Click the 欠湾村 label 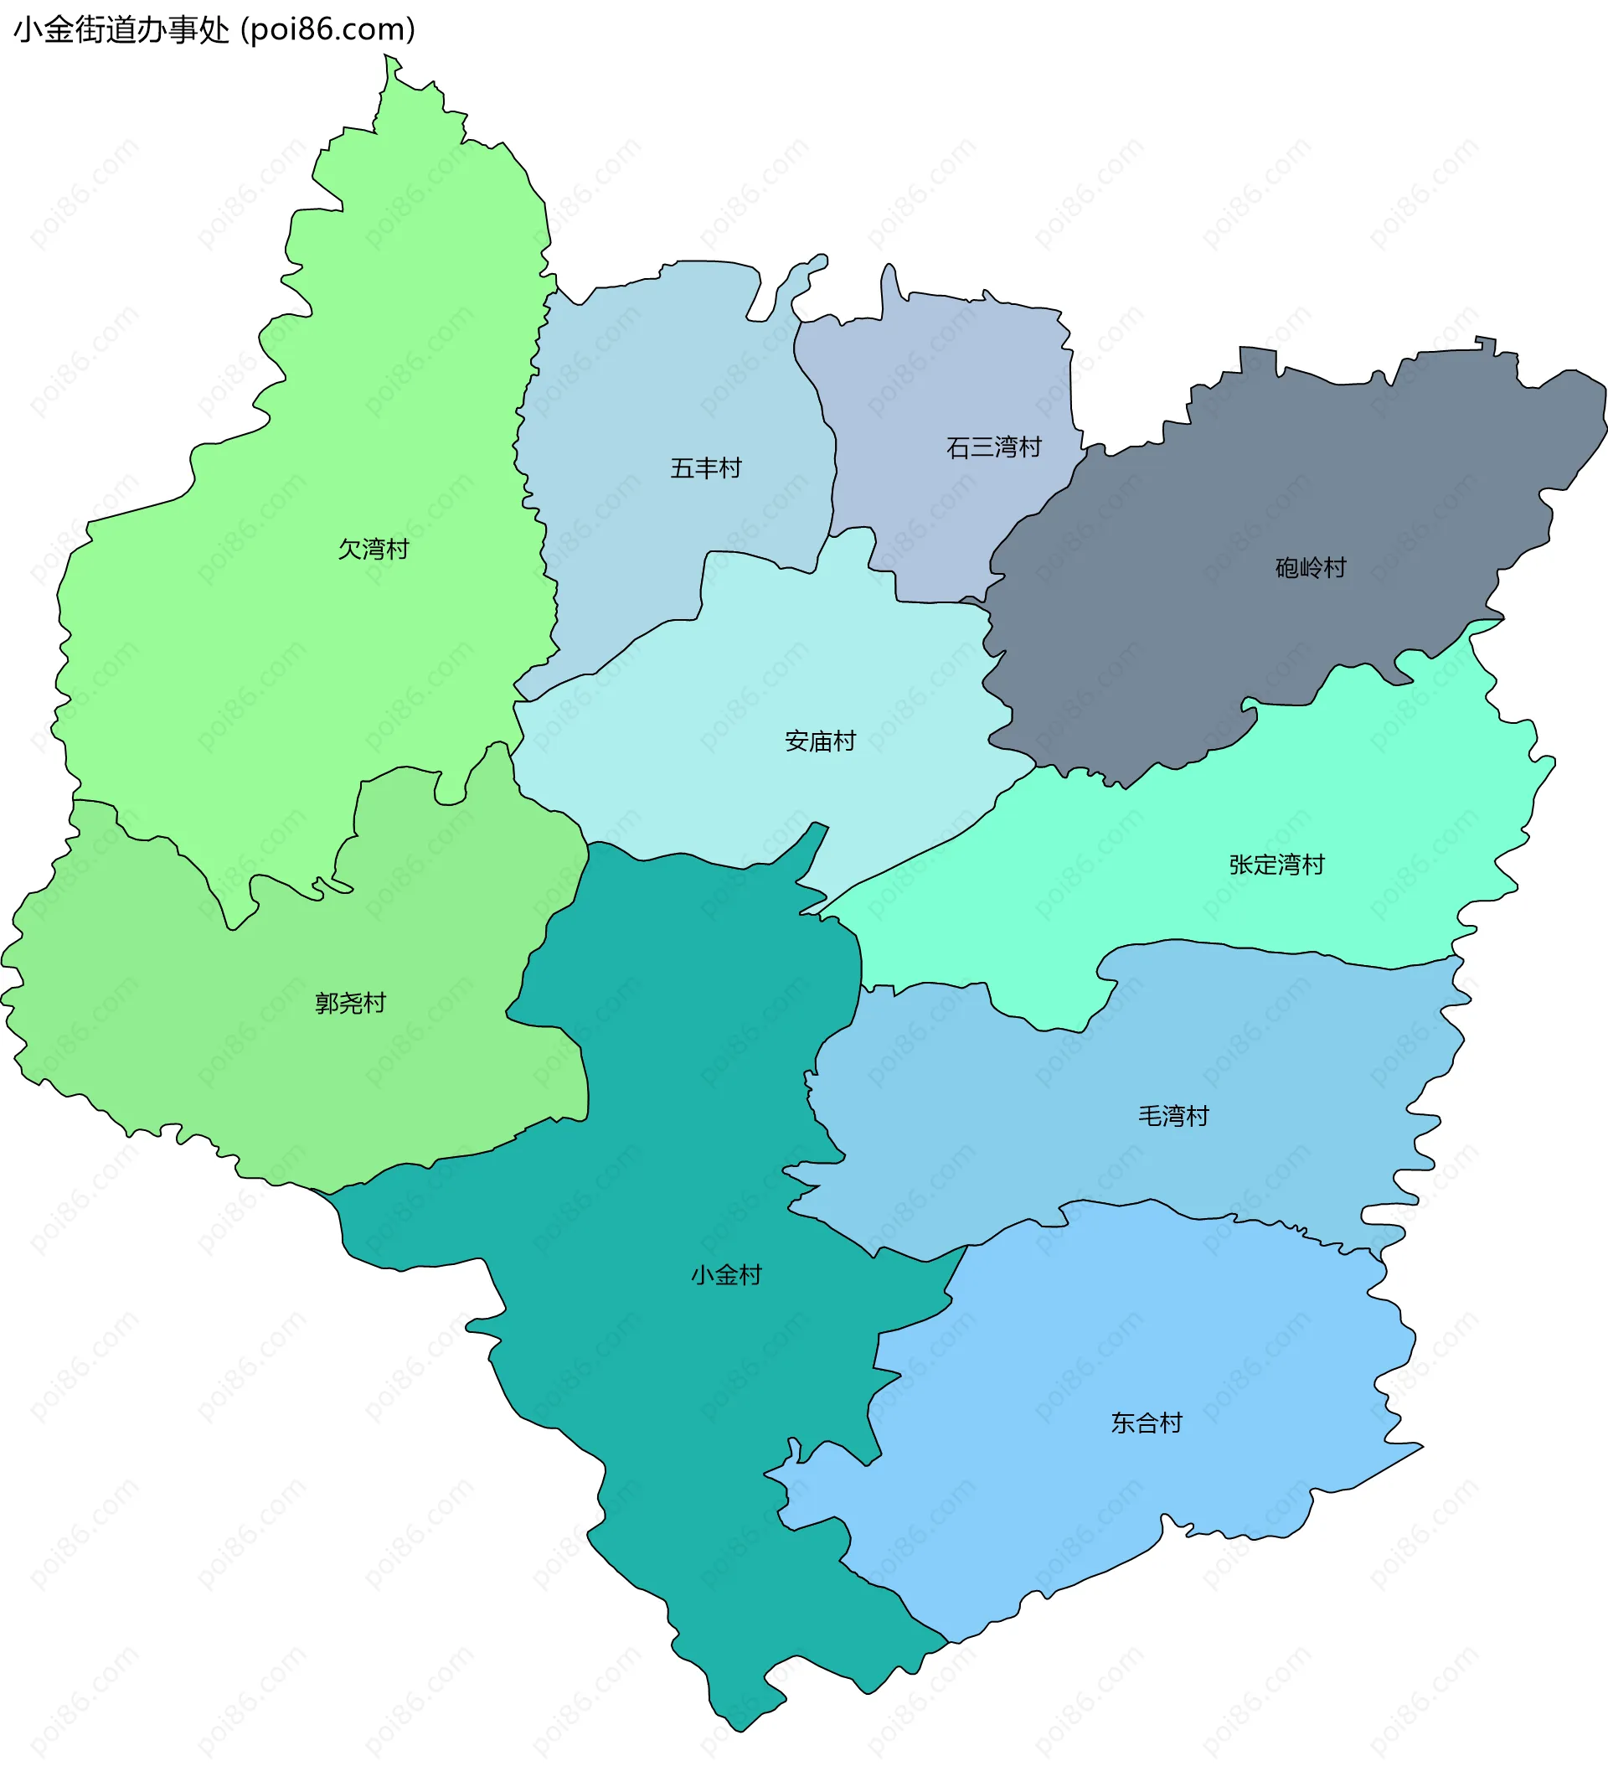[374, 550]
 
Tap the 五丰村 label [706, 468]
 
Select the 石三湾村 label [994, 448]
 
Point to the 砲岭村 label [1310, 567]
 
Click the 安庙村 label [820, 741]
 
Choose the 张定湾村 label [1276, 865]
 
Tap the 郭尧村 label [351, 1003]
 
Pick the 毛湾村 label [1173, 1116]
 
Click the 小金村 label [726, 1274]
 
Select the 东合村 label [1146, 1423]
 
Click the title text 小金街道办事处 [122, 30]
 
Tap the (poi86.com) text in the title [327, 30]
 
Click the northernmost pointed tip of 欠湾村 [387, 58]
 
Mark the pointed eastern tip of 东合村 [1420, 1447]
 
